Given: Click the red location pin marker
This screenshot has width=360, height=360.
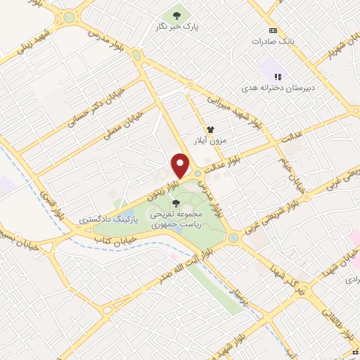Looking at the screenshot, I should click(x=181, y=165).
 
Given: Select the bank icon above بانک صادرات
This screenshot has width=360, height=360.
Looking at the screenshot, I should click(x=273, y=31).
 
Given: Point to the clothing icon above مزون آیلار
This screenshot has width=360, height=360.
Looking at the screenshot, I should click(x=210, y=129).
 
